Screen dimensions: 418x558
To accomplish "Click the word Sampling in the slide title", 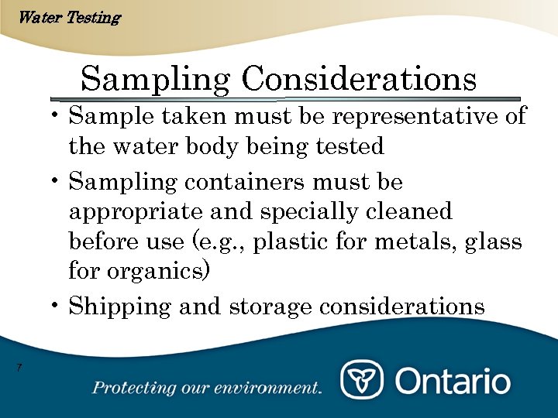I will [x=154, y=80].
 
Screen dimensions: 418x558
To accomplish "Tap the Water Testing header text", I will [x=68, y=17].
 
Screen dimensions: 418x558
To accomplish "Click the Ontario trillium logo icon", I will [x=361, y=381].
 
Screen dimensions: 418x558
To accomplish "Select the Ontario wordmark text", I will [x=453, y=381].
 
